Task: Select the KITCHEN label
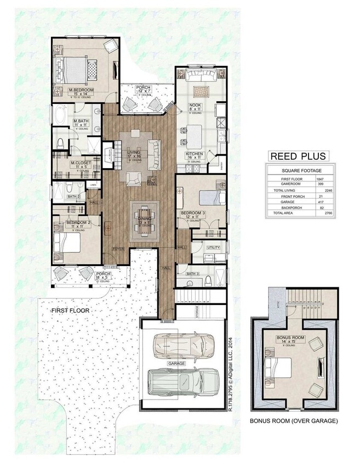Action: (x=195, y=154)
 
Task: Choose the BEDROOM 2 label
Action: (x=77, y=222)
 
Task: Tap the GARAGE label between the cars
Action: (x=177, y=363)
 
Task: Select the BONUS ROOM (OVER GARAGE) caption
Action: (x=293, y=421)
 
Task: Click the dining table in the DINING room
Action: (x=144, y=217)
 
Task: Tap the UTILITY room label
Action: (x=213, y=248)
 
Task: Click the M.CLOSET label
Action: (x=80, y=163)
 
